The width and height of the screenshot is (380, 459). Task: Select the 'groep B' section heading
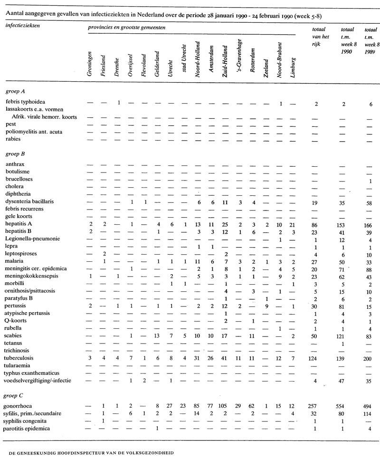15,153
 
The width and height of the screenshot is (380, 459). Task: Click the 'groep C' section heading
15,395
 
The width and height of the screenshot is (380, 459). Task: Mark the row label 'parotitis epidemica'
31,429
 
